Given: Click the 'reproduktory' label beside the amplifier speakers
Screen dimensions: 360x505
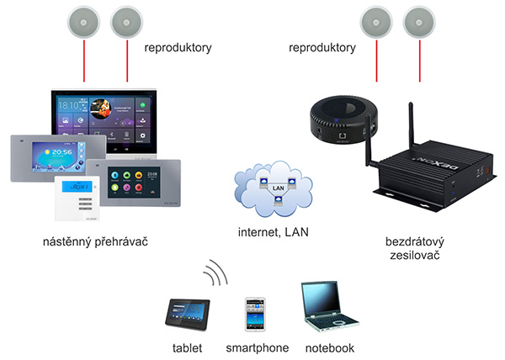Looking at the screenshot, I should click(x=322, y=48).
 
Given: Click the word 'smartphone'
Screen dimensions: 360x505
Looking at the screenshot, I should click(x=257, y=347).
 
